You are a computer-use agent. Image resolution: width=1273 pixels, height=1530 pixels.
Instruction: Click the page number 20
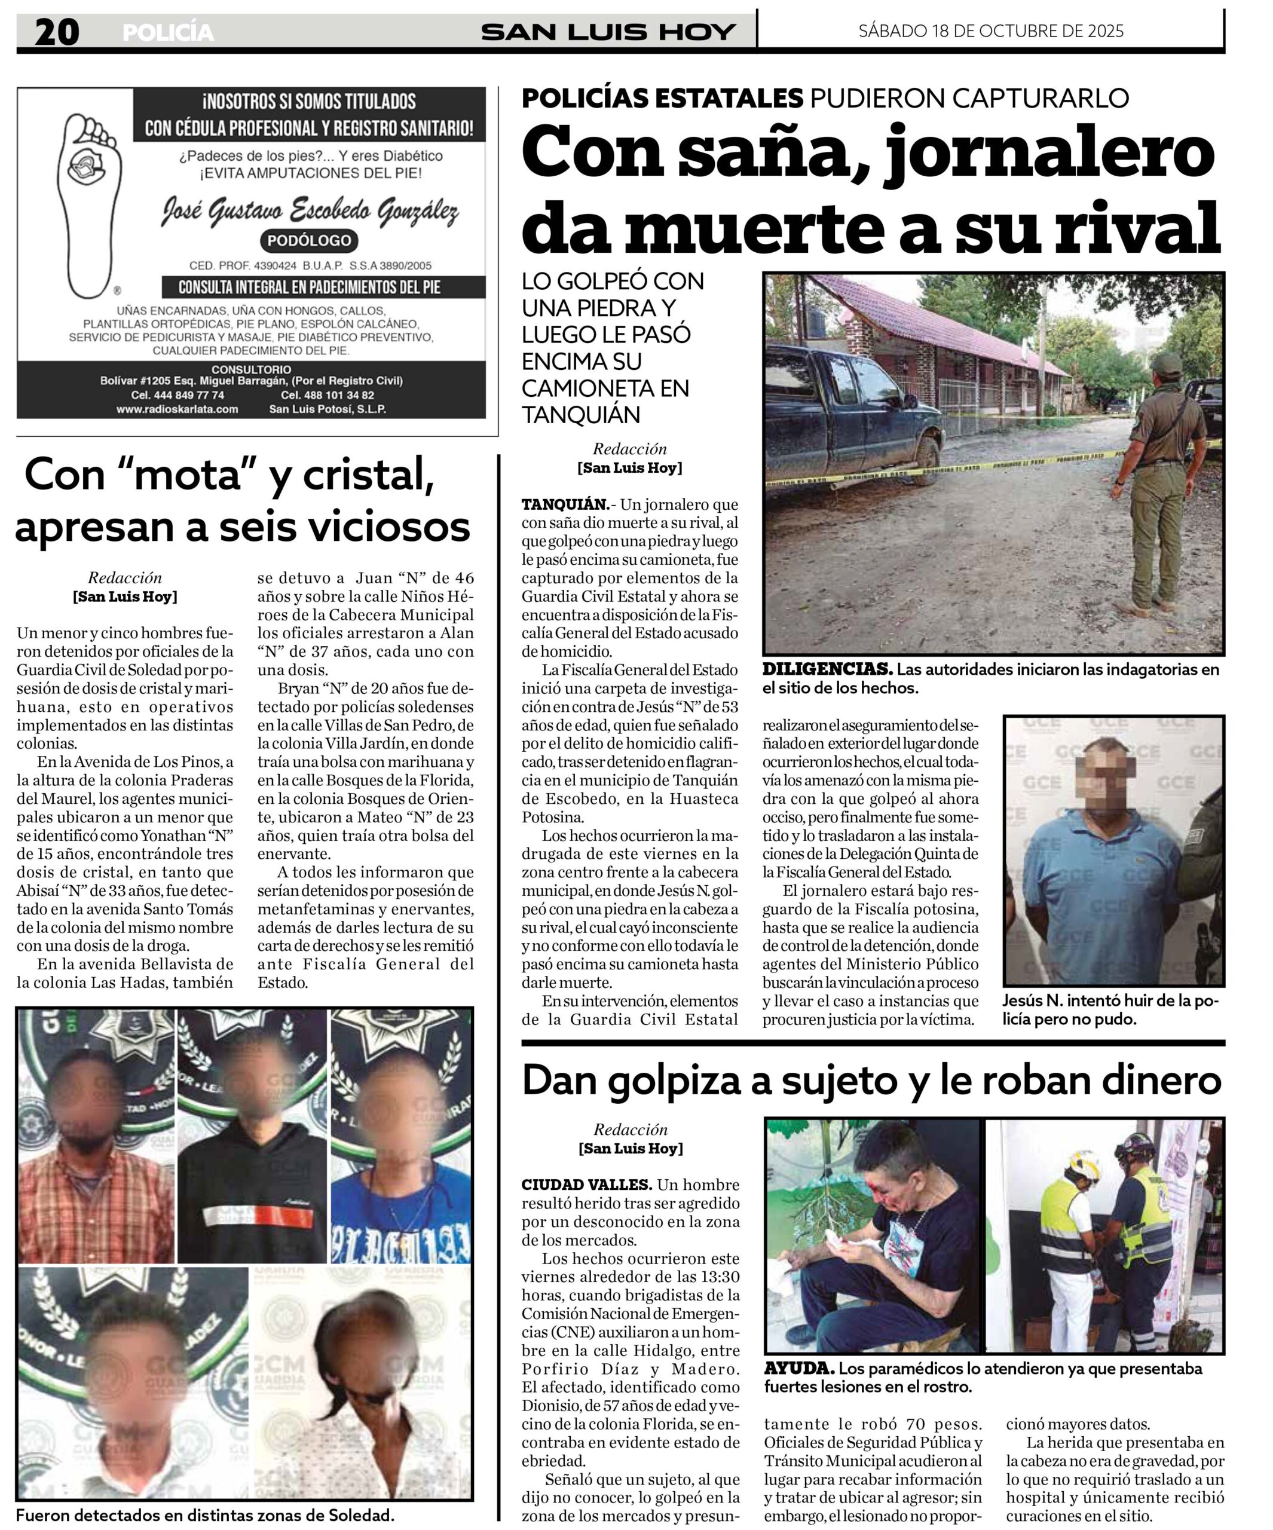tap(57, 32)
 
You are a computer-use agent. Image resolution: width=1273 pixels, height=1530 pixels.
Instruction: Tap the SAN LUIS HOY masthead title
tap(608, 32)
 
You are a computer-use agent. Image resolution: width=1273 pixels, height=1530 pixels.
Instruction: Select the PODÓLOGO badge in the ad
tap(309, 240)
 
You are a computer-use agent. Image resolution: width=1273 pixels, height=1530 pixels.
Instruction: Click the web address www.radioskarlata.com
tap(177, 409)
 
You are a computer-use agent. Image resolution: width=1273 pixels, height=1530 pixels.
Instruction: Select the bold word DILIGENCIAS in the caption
tap(827, 669)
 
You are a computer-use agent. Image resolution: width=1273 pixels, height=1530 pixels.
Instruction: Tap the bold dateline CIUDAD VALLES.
tap(586, 1185)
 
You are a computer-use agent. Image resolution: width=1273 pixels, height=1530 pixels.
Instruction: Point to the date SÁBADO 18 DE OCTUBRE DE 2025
tap(991, 31)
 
